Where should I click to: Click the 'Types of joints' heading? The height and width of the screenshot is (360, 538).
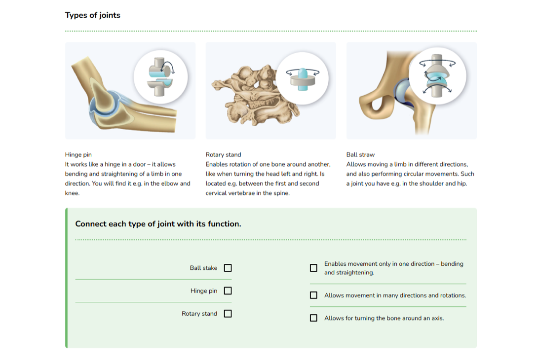[x=93, y=15]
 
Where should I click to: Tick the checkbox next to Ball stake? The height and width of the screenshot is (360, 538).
[x=228, y=268]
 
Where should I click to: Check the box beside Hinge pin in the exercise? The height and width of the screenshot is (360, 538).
[x=228, y=291]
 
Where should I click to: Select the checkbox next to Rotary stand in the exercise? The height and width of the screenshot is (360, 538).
[x=228, y=313]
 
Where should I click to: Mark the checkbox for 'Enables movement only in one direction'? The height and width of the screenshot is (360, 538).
[x=313, y=268]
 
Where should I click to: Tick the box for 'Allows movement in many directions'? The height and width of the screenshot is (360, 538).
[x=313, y=295]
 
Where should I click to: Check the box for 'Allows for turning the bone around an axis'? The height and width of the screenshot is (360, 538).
[x=313, y=318]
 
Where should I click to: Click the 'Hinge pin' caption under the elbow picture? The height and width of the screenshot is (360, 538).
[x=78, y=155]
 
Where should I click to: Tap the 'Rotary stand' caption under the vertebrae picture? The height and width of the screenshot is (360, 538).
[x=224, y=155]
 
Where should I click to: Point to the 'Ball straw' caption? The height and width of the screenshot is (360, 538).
[x=360, y=155]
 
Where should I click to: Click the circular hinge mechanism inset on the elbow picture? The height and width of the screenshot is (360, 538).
[x=160, y=77]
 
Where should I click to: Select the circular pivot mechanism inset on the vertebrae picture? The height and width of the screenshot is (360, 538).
[x=302, y=78]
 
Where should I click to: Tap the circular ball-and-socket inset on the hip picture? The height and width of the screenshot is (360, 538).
[x=437, y=76]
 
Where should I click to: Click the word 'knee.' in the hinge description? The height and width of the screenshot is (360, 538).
[x=72, y=193]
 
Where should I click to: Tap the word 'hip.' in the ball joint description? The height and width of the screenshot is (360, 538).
[x=462, y=183]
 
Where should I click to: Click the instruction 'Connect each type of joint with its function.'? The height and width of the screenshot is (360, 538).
[x=158, y=224]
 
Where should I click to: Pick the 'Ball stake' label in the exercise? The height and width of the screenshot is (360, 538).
[x=203, y=268]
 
